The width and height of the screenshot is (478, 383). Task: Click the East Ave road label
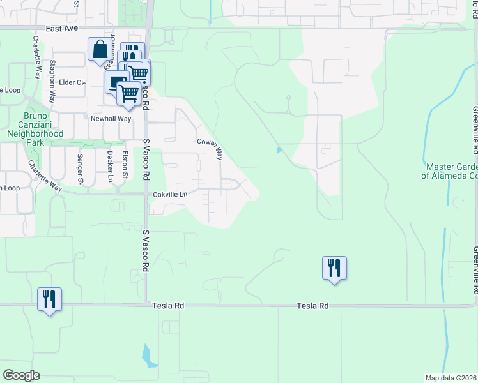tap(61, 29)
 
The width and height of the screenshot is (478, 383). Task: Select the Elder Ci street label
tap(72, 82)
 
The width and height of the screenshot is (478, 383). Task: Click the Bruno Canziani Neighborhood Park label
tap(35, 130)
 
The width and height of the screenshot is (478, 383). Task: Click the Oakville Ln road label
tap(169, 194)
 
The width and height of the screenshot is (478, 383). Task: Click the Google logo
tap(21, 375)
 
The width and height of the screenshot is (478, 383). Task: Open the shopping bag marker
tap(100, 50)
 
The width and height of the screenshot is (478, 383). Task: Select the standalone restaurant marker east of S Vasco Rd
tap(334, 267)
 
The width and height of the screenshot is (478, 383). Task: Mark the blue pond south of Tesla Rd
tap(149, 356)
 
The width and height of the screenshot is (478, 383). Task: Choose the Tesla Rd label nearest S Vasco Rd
tap(168, 306)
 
